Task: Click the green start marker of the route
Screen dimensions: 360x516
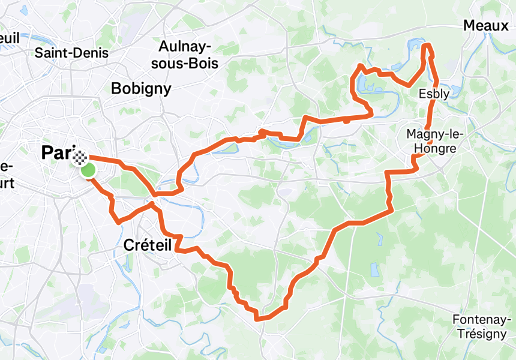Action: pos(88,170)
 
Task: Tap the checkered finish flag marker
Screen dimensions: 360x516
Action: pos(80,158)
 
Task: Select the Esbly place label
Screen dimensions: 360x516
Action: pos(434,94)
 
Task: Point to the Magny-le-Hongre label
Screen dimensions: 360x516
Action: pos(431,140)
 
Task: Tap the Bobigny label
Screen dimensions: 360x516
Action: pos(141,89)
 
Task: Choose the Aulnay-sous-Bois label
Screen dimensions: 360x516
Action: pos(188,54)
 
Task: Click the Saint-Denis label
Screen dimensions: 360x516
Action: pos(71,53)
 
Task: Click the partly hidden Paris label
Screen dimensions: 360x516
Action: pos(57,152)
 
